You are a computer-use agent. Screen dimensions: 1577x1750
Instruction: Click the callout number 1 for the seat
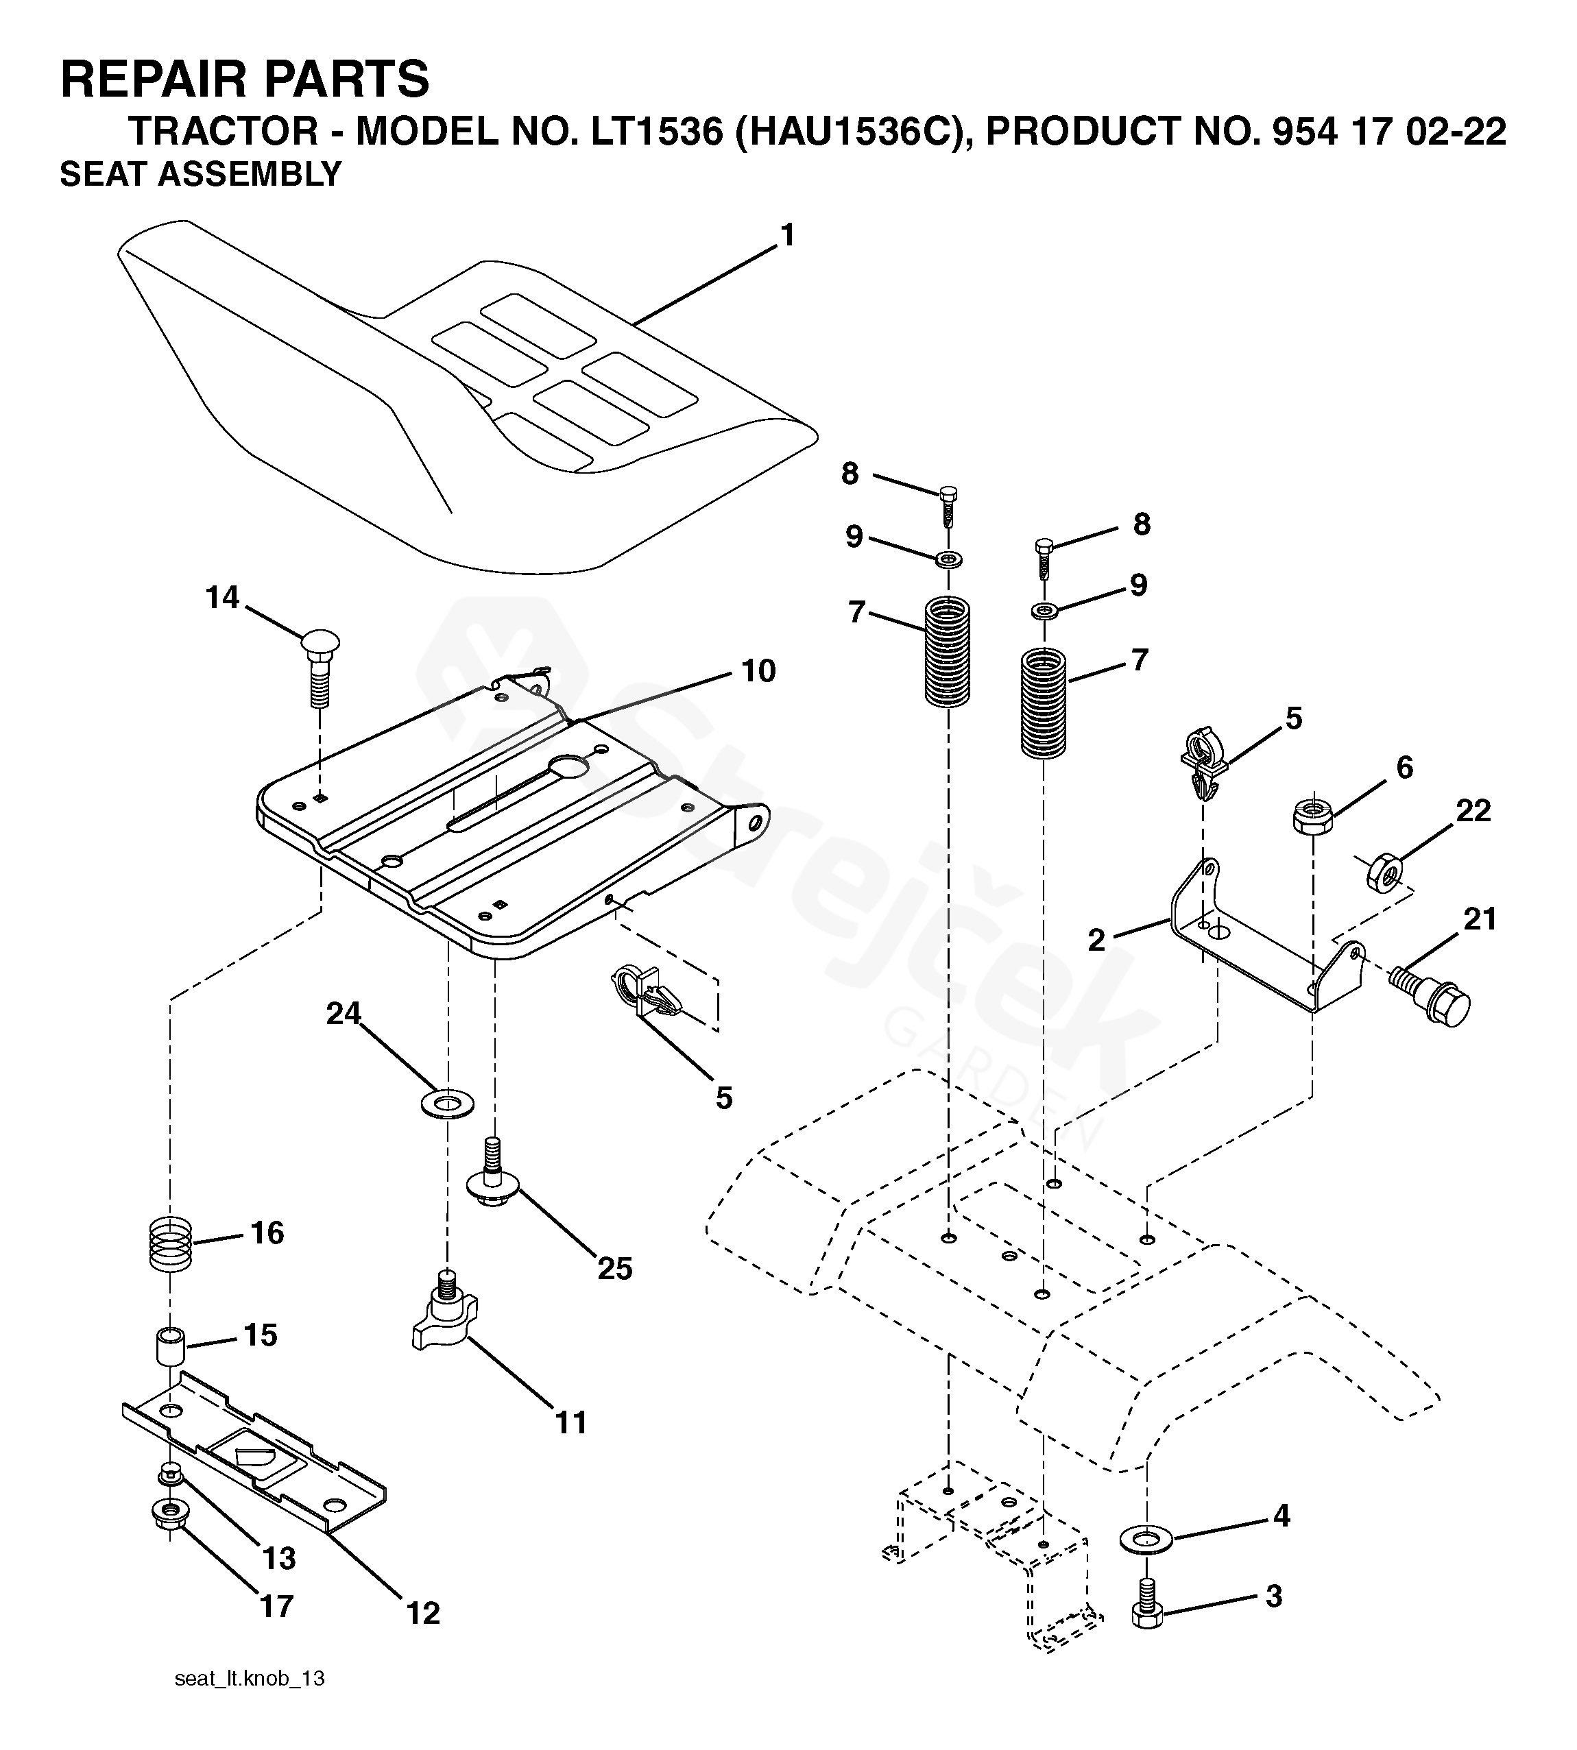click(786, 236)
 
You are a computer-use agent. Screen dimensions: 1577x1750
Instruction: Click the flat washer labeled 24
click(447, 1104)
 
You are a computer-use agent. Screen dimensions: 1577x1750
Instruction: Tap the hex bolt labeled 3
click(1146, 1603)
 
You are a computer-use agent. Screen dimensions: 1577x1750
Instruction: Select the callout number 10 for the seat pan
click(758, 670)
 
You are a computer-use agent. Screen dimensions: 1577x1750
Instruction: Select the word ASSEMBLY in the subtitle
click(250, 174)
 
